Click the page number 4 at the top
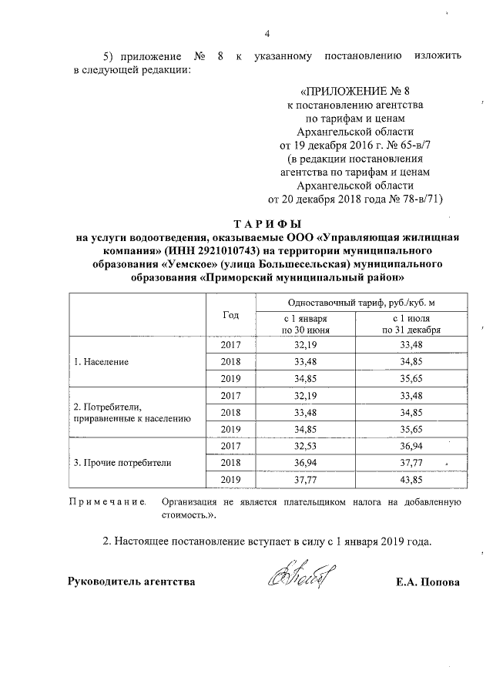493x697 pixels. (x=267, y=32)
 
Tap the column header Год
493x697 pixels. (x=231, y=315)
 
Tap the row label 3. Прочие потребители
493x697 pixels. (x=122, y=463)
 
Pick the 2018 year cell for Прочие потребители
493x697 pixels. (x=231, y=462)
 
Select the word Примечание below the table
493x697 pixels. (x=109, y=501)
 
